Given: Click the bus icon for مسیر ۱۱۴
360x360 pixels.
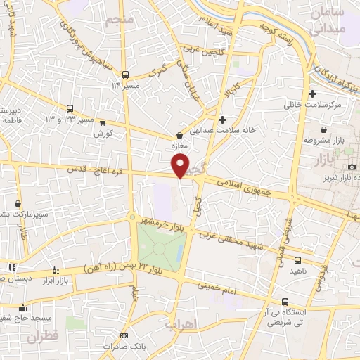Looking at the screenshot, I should point(125,75).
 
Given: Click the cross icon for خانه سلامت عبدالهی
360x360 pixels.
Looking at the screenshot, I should point(223,120).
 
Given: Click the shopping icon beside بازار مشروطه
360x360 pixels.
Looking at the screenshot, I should point(323,130).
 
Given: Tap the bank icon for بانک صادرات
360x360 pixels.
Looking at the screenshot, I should point(125,336).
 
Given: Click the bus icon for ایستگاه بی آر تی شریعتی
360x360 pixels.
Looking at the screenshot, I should point(284,299).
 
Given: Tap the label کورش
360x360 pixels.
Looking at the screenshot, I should point(103,133).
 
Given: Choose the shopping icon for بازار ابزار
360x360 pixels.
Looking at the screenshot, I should point(57,270).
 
